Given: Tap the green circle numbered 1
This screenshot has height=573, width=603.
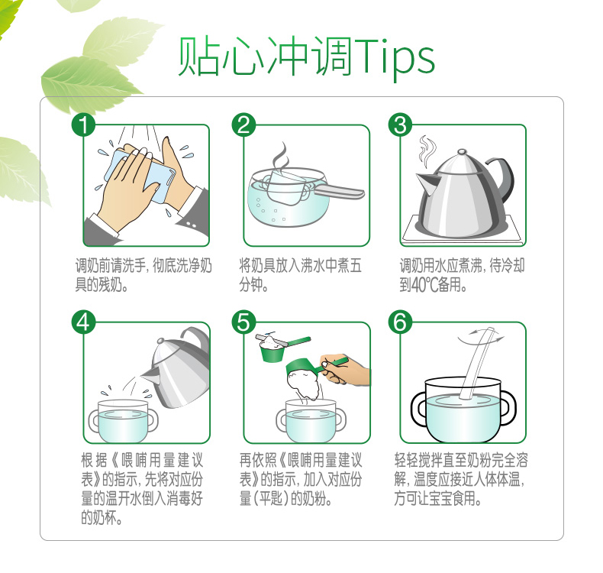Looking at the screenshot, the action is (83, 125).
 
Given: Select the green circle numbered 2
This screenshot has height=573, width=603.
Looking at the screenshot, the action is (243, 125).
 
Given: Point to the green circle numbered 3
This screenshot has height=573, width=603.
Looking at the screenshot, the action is (400, 125).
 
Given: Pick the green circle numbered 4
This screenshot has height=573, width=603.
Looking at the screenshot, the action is (83, 322).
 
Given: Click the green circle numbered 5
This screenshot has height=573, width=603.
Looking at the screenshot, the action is (243, 322).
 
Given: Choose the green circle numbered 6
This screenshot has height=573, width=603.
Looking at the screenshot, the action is (400, 322).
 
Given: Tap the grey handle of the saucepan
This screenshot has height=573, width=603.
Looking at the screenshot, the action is (339, 191).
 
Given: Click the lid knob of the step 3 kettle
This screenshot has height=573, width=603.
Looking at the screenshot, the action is (462, 152).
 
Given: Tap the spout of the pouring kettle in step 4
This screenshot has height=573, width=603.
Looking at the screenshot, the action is (150, 374).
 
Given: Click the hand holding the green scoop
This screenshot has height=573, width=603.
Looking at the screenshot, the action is (345, 370).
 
